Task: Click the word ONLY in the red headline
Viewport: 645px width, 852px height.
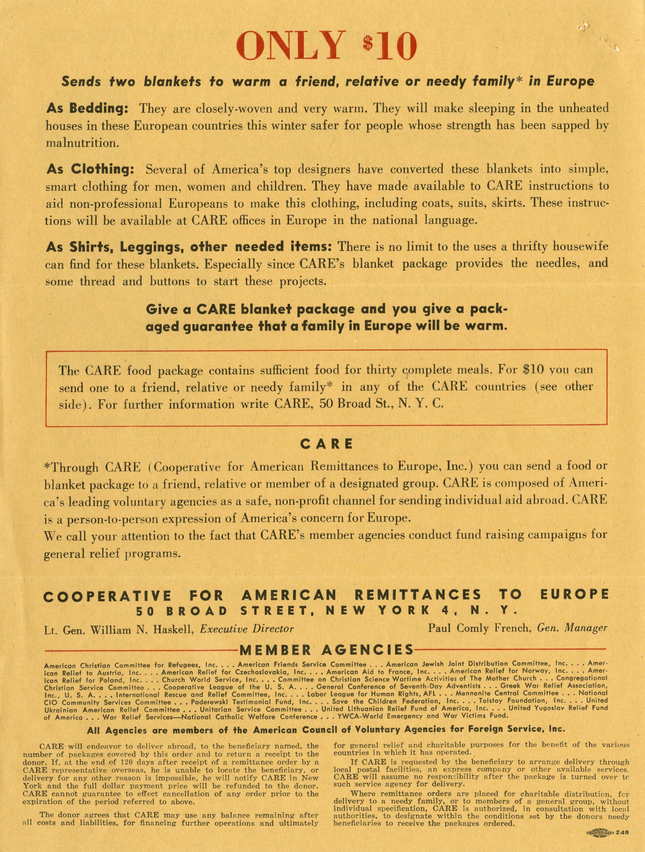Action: click(289, 47)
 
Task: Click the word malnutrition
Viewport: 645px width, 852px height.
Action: click(82, 143)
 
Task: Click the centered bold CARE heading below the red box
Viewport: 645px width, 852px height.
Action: click(326, 444)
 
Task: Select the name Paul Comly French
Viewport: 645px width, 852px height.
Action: click(476, 628)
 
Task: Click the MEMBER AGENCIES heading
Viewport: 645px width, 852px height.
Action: click(326, 650)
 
